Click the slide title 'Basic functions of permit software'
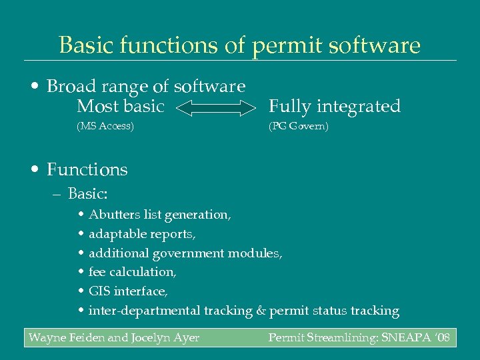click(240, 45)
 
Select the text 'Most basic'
click(120, 107)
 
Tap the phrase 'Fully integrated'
click(334, 107)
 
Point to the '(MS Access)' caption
click(105, 126)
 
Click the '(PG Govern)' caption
click(298, 126)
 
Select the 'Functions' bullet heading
click(87, 170)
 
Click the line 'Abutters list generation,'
click(160, 215)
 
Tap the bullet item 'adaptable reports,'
click(142, 234)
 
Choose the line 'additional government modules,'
click(185, 253)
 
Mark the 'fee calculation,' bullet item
click(132, 272)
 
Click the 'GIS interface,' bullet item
click(128, 291)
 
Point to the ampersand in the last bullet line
click(261, 311)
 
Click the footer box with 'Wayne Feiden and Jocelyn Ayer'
click(114, 338)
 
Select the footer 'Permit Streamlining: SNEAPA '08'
click(359, 338)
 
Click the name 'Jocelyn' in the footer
click(152, 338)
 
